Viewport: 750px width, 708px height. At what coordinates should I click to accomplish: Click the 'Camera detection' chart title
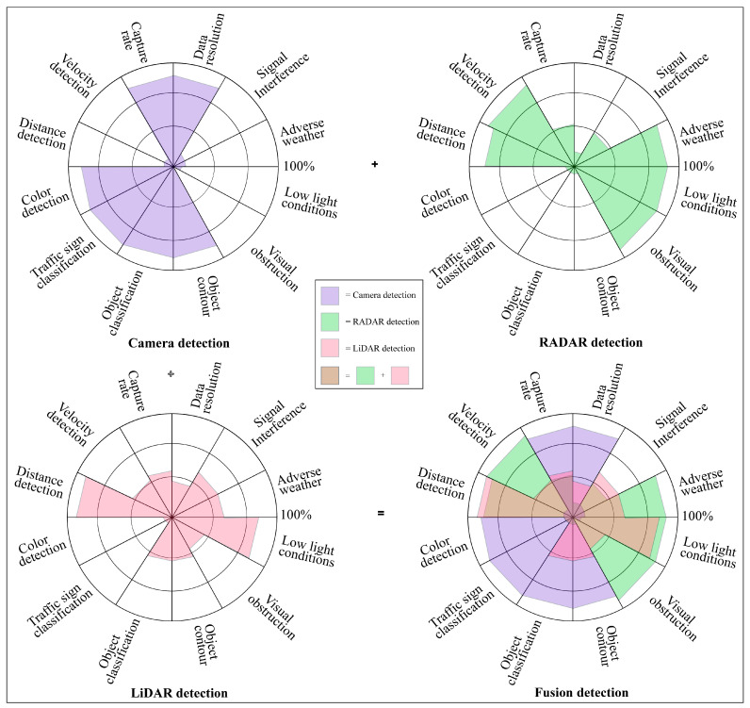pyautogui.click(x=179, y=342)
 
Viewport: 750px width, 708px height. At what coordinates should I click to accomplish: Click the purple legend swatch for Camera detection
pyautogui.click(x=330, y=295)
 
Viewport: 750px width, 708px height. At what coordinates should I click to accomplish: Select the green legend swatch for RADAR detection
pyautogui.click(x=330, y=322)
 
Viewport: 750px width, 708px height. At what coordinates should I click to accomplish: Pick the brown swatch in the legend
pyautogui.click(x=330, y=376)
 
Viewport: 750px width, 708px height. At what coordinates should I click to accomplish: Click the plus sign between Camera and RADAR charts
pyautogui.click(x=375, y=165)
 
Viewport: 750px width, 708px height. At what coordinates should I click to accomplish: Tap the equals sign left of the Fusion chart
pyautogui.click(x=382, y=514)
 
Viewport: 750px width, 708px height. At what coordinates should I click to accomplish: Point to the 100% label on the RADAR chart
pyautogui.click(x=699, y=167)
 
